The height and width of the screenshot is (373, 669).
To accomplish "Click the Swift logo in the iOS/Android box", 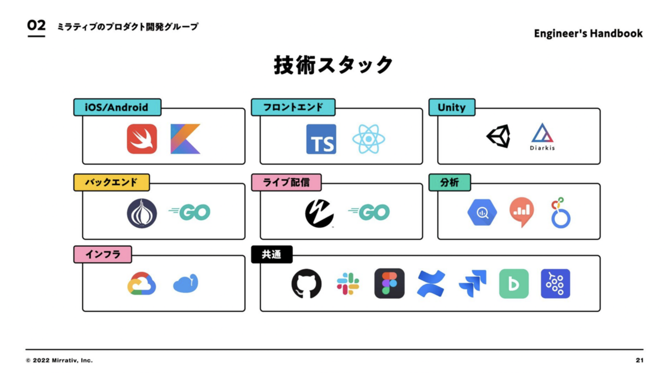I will coord(142,139).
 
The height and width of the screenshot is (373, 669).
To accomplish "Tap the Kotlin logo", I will coord(185,139).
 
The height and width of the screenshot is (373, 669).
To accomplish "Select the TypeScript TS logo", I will coord(321,139).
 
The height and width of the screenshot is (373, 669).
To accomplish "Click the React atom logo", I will coord(369,139).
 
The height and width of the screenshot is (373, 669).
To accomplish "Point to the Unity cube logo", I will coord(498,137).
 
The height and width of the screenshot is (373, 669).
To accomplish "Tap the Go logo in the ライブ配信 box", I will coord(368,212).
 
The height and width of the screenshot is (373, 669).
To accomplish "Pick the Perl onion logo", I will coord(142,213).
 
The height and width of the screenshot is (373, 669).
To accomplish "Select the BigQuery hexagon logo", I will coord(482,212).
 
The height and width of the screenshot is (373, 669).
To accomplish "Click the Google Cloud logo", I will coord(142,283).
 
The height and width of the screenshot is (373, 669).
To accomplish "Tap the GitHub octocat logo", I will coord(307,284).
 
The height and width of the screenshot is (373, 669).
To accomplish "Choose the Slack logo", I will coord(348,284).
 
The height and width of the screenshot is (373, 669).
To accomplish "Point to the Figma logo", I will coord(389,284).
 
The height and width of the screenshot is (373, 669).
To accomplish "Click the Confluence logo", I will coord(431,284).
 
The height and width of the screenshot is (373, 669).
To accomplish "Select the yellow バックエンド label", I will coord(112,182).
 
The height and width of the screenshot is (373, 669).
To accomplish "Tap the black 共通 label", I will coord(272,255).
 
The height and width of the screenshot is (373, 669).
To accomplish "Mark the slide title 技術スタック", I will coord(333,65).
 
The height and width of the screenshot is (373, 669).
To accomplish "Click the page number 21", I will coord(639,360).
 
